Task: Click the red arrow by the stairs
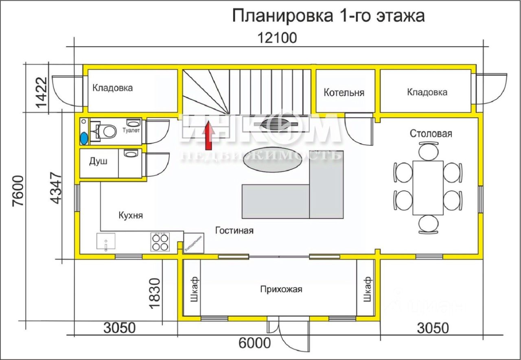pyautogui.click(x=209, y=135)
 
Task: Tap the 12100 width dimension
pyautogui.click(x=278, y=38)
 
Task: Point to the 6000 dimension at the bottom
pyautogui.click(x=254, y=343)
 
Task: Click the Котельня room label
pyautogui.click(x=344, y=92)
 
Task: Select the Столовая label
pyautogui.click(x=431, y=133)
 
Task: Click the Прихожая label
pyautogui.click(x=281, y=289)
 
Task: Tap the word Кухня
pyautogui.click(x=130, y=215)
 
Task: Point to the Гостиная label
pyautogui.click(x=234, y=231)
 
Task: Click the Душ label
pyautogui.click(x=98, y=161)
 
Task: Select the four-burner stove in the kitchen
pyautogui.click(x=160, y=241)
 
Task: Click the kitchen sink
pyautogui.click(x=106, y=241)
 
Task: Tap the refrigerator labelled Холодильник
pyautogui.click(x=194, y=243)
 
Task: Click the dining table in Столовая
pyautogui.click(x=428, y=188)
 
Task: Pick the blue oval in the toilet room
pyautogui.click(x=84, y=138)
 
